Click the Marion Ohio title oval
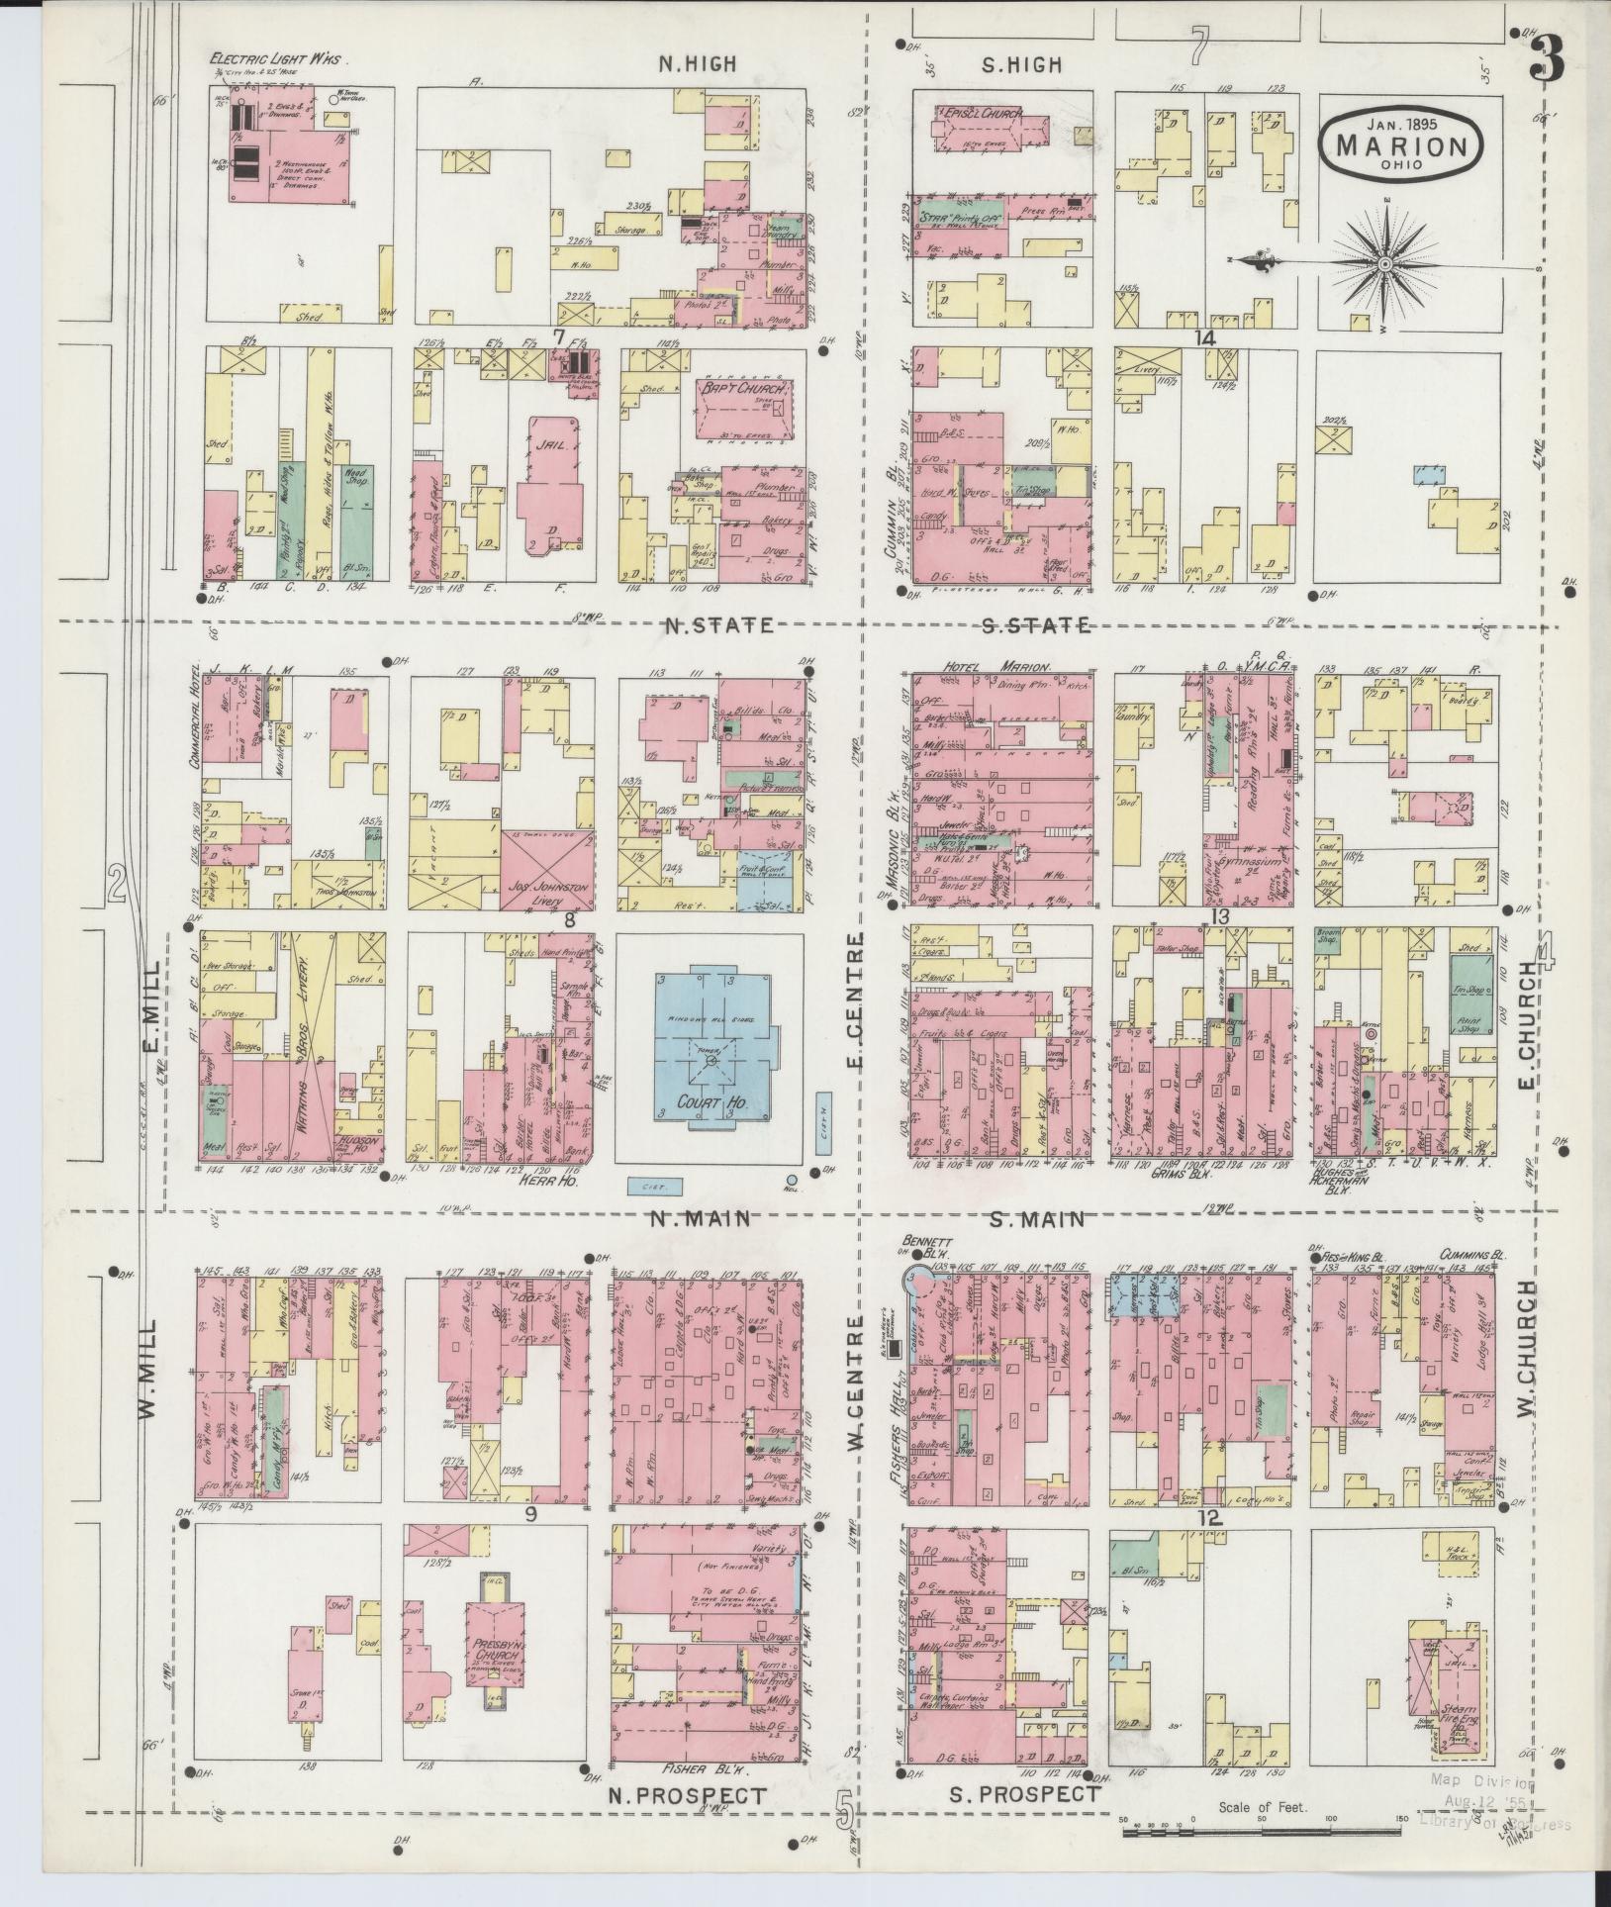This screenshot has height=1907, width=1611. pos(1402,144)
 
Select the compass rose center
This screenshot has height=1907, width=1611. pos(1384,264)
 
